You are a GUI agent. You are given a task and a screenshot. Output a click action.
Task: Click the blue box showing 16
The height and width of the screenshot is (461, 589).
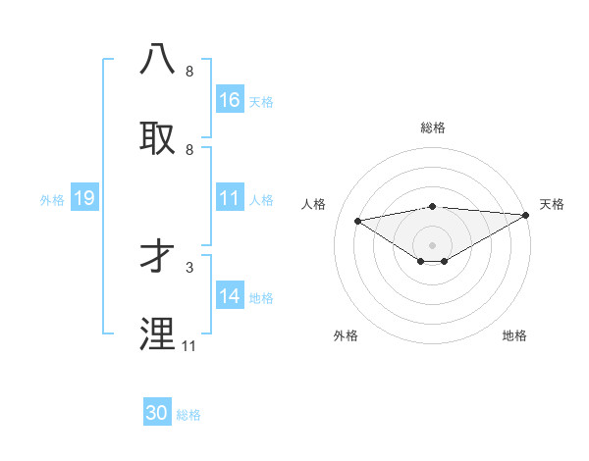(x=230, y=100)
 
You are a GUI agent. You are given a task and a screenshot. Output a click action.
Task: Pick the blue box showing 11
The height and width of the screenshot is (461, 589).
(x=230, y=199)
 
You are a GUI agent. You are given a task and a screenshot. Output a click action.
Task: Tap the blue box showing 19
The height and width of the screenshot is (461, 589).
(x=83, y=199)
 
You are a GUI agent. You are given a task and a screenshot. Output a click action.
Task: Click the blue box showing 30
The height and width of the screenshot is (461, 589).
(x=157, y=413)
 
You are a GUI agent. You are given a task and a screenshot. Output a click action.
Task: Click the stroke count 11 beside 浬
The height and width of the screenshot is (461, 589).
(x=189, y=346)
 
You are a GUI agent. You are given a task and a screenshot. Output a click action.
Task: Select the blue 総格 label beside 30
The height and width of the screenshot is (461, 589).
(x=188, y=415)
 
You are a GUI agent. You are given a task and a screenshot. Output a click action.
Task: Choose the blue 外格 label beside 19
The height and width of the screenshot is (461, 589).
(x=52, y=200)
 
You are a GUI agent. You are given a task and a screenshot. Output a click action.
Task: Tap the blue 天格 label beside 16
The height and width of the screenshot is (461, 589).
(x=261, y=101)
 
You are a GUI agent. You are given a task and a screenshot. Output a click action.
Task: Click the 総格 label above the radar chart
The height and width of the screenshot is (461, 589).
(x=432, y=128)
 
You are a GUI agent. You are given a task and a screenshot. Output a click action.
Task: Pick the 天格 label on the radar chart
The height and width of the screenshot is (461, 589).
(x=552, y=204)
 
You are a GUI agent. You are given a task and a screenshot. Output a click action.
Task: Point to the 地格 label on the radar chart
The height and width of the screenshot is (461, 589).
(x=514, y=335)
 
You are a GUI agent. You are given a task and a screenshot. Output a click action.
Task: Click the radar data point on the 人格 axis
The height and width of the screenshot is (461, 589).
(x=358, y=220)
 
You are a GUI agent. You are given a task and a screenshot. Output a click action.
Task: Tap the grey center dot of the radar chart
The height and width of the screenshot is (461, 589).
(x=432, y=244)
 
